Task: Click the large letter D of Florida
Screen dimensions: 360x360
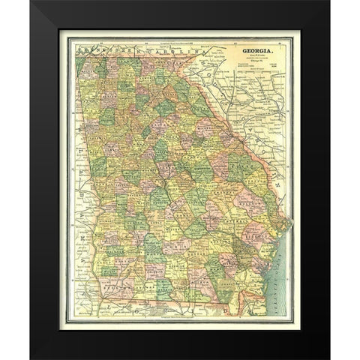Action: (x=223, y=307)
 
